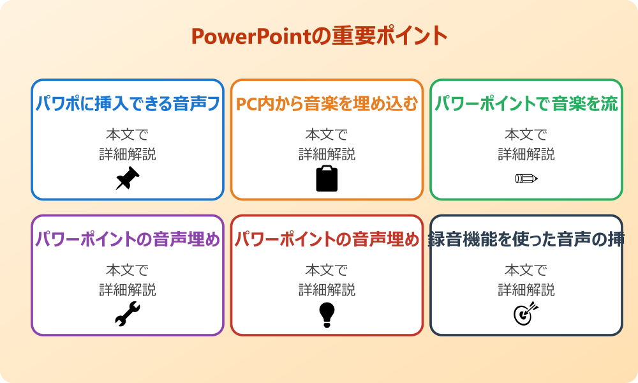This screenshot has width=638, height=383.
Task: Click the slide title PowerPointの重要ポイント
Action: pyautogui.click(x=319, y=36)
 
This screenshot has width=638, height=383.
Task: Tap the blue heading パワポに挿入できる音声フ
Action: pyautogui.click(x=128, y=104)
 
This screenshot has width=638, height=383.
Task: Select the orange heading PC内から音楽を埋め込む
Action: pyautogui.click(x=327, y=104)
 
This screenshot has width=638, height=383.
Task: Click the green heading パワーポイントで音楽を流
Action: pyautogui.click(x=526, y=104)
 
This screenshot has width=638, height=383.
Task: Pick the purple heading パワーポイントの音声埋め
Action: pyautogui.click(x=128, y=239)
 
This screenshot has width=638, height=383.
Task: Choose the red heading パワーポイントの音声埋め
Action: pyautogui.click(x=327, y=239)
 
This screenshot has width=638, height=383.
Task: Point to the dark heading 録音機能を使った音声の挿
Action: pyautogui.click(x=526, y=239)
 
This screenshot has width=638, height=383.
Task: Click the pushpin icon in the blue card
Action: pyautogui.click(x=128, y=178)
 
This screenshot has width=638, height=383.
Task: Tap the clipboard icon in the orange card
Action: pyautogui.click(x=327, y=178)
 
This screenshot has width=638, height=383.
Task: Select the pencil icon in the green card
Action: pyautogui.click(x=526, y=178)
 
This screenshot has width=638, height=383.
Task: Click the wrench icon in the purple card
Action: pyautogui.click(x=128, y=314)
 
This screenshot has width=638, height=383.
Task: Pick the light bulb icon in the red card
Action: pyautogui.click(x=327, y=314)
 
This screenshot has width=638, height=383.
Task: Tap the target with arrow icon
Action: pyautogui.click(x=526, y=314)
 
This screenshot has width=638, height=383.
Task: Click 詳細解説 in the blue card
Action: pyautogui.click(x=128, y=154)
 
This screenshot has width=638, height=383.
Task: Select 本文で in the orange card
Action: pyautogui.click(x=327, y=135)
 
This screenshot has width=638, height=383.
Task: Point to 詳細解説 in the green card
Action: pyautogui.click(x=526, y=154)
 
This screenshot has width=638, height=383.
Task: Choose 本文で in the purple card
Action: pyautogui.click(x=128, y=271)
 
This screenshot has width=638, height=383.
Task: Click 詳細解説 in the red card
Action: pyautogui.click(x=327, y=290)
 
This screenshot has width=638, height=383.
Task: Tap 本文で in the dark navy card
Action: pyautogui.click(x=526, y=271)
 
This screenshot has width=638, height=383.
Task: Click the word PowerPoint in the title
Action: pyautogui.click(x=251, y=36)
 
